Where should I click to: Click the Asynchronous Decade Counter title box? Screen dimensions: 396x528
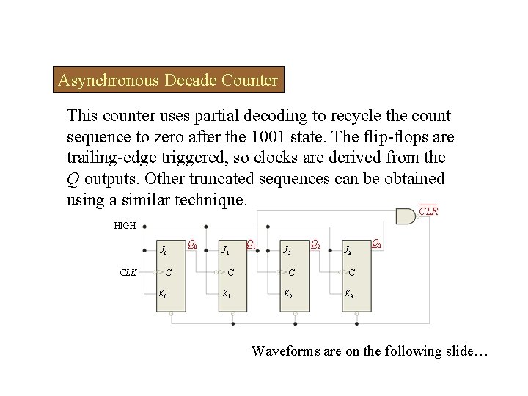169,80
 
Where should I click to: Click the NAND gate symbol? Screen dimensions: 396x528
406,215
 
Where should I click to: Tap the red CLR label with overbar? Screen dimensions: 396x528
428,211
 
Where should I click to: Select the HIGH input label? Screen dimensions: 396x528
125,226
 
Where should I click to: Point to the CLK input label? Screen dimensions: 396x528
128,273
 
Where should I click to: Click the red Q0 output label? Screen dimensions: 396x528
192,243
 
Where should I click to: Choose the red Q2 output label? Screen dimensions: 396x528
315,243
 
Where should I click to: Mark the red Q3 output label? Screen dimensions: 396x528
375,243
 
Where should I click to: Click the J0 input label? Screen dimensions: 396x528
163,251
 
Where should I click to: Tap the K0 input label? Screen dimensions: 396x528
163,296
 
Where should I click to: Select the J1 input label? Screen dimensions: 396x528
225,251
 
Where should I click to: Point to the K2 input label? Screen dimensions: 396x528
287,296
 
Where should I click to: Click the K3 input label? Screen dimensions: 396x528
349,296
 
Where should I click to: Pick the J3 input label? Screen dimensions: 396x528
349,251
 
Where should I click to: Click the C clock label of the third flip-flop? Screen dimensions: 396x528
293,273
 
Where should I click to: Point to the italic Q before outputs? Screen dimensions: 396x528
72,178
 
